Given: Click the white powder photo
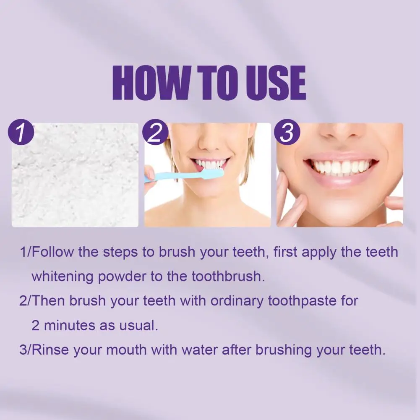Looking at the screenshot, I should [x=76, y=180].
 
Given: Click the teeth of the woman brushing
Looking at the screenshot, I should [x=210, y=164].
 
